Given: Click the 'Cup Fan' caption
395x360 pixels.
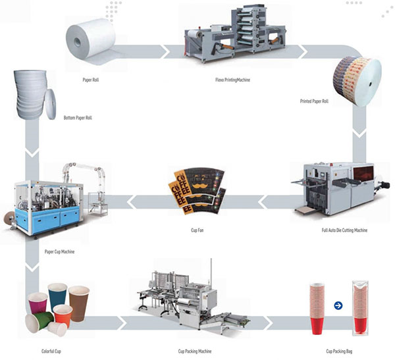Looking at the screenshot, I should [x=197, y=230].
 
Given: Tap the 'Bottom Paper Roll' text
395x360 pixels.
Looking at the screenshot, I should [x=78, y=118].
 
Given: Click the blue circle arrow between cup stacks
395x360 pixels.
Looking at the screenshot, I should [x=338, y=305].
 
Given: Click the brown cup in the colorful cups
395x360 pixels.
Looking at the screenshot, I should [x=78, y=303].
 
